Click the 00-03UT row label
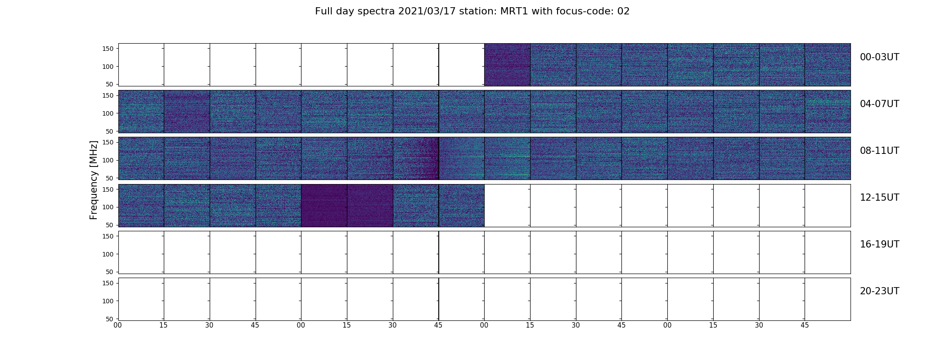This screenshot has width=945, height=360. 879,57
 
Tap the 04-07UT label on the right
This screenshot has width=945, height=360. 879,104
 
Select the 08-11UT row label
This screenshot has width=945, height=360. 879,151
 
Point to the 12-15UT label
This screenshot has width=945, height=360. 879,198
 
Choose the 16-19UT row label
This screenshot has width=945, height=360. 879,244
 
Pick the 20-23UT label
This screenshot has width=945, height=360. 879,291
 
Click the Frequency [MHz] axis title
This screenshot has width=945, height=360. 94,180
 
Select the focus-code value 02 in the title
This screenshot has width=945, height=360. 623,11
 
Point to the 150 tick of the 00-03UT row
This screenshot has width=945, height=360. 108,49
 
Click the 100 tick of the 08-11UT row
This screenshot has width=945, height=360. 108,160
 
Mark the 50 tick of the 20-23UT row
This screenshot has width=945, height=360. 110,319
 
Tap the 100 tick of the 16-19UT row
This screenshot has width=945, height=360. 108,254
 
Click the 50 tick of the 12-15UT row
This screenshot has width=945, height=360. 110,225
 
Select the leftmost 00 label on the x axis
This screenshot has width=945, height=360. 118,325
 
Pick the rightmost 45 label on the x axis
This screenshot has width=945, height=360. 805,325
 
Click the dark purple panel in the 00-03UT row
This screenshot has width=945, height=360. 507,65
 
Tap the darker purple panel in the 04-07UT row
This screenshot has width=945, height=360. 187,112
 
